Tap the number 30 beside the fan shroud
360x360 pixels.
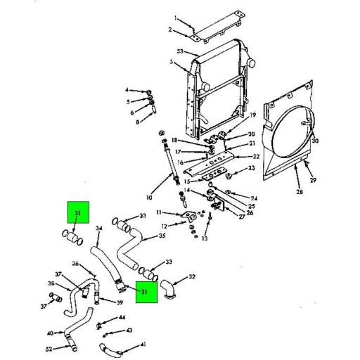pyautogui.click(x=314, y=141)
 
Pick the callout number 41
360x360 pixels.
pyautogui.click(x=143, y=345)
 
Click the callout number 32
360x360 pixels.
pyautogui.click(x=192, y=277)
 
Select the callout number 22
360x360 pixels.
pyautogui.click(x=257, y=156)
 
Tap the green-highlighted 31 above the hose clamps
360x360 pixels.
pyautogui.click(x=78, y=213)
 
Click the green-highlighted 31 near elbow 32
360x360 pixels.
pyautogui.click(x=146, y=291)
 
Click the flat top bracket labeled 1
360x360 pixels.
pyautogui.click(x=218, y=28)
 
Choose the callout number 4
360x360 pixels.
pyautogui.click(x=128, y=91)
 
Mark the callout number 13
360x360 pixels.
pyautogui.click(x=205, y=238)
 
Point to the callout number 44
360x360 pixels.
pyautogui.click(x=122, y=317)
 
